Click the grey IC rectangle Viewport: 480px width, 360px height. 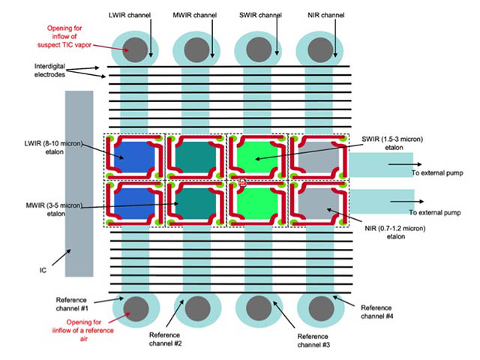[x=79, y=184]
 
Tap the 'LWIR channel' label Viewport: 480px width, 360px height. [x=130, y=15]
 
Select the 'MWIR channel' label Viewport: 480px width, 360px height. [x=195, y=15]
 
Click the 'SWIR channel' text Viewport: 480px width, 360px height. [x=260, y=15]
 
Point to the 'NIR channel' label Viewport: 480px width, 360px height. [x=326, y=15]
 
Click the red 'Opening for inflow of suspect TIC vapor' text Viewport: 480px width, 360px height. [x=64, y=37]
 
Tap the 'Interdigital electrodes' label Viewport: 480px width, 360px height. [x=49, y=70]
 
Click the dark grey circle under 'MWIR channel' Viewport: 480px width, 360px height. [x=197, y=50]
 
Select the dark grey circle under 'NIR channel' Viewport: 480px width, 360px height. [x=320, y=50]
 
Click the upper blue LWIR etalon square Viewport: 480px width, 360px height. [x=134, y=157]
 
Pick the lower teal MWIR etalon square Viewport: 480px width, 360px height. [x=196, y=203]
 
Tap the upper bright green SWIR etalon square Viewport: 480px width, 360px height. [x=257, y=157]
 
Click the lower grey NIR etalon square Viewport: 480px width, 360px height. [x=319, y=203]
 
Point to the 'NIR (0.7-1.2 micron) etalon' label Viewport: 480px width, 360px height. [x=395, y=232]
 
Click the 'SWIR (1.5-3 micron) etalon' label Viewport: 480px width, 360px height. [x=392, y=143]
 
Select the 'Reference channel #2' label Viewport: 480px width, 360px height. [x=165, y=339]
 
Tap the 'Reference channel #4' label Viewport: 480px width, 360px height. [x=376, y=312]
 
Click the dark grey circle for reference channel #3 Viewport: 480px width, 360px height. [x=259, y=308]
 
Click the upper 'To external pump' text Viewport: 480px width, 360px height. [x=437, y=172]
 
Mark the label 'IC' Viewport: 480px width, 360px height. [x=43, y=270]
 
